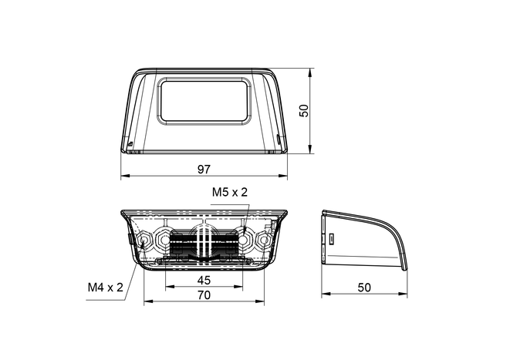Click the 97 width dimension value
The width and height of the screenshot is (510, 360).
pyautogui.click(x=204, y=169)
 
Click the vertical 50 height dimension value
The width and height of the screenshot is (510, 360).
pyautogui.click(x=303, y=111)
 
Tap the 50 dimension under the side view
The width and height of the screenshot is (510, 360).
pyautogui.click(x=364, y=288)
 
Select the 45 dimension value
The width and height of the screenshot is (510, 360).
pyautogui.click(x=204, y=280)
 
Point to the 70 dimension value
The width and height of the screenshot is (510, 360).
pyautogui.click(x=204, y=295)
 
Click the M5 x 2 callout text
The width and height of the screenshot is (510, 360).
pyautogui.click(x=230, y=192)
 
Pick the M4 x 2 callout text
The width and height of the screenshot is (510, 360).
pyautogui.click(x=106, y=288)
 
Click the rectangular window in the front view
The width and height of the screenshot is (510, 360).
pyautogui.click(x=204, y=101)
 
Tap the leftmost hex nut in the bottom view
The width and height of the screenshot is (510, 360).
pyautogui.click(x=144, y=241)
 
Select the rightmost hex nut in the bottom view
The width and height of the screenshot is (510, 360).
pyautogui.click(x=264, y=241)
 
